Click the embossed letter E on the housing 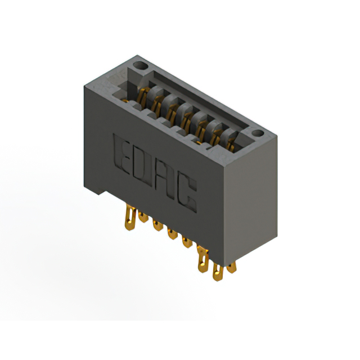pyautogui.click(x=121, y=154)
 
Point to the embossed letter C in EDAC pyautogui.click(x=187, y=193)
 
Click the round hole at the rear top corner pyautogui.click(x=141, y=66)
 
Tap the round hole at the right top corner pyautogui.click(x=258, y=133)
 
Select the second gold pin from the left pyautogui.click(x=143, y=217)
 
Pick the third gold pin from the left pyautogui.click(x=157, y=225)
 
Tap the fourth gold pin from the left pyautogui.click(x=172, y=233)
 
